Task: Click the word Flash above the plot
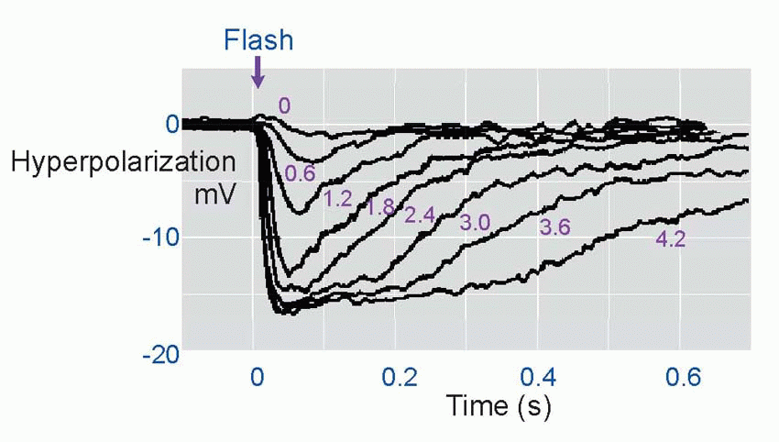click(x=259, y=40)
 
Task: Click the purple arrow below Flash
click(x=258, y=72)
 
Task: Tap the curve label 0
click(x=284, y=106)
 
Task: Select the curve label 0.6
click(x=300, y=173)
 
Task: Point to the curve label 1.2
click(x=338, y=198)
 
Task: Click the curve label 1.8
click(x=379, y=208)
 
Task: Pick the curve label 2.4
click(x=420, y=216)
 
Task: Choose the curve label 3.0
click(x=474, y=223)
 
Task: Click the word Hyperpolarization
click(x=122, y=164)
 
